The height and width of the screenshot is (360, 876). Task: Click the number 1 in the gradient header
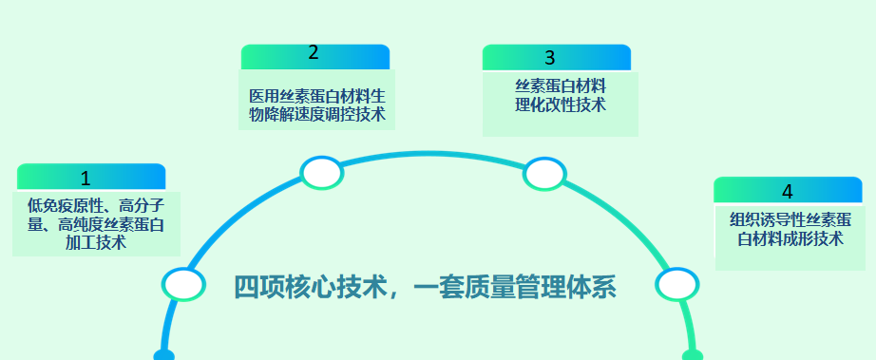click(86, 178)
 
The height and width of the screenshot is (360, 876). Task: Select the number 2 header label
click(314, 53)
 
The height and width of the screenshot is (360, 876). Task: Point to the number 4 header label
click(787, 191)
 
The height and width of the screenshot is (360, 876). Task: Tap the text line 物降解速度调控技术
click(316, 115)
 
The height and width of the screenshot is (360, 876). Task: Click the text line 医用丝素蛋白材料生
click(316, 97)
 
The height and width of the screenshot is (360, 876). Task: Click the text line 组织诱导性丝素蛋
click(790, 220)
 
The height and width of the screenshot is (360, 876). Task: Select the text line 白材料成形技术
click(790, 238)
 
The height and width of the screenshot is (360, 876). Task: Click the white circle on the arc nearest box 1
click(183, 284)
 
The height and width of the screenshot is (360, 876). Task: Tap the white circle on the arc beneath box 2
click(322, 172)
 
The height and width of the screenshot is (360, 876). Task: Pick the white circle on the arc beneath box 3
click(544, 174)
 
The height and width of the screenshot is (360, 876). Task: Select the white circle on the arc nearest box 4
click(676, 284)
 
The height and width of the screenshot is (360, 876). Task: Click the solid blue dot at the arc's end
click(162, 356)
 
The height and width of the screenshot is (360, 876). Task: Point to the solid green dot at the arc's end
click(693, 356)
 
